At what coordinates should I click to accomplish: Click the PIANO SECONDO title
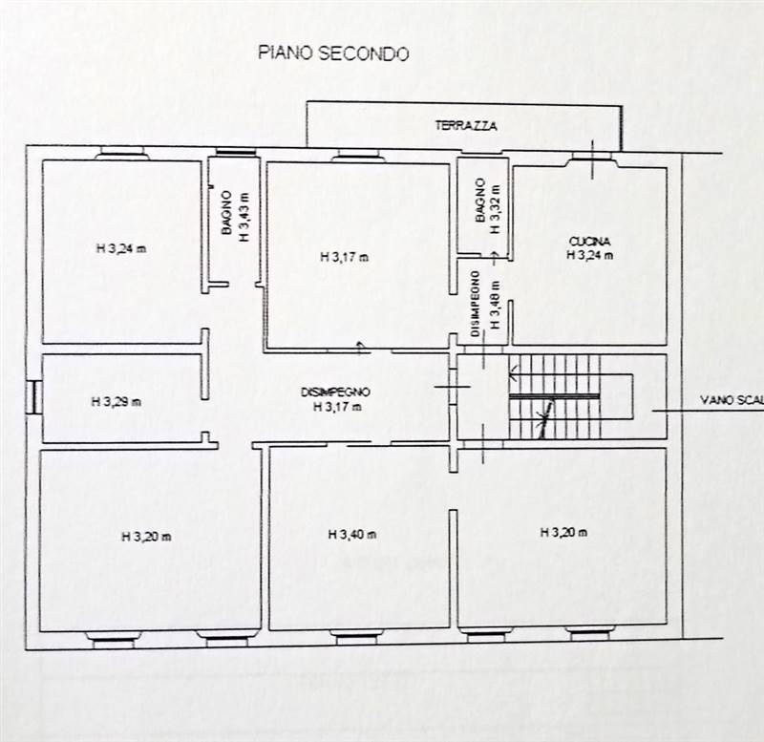point(333,53)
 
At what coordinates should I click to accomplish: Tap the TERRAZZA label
point(466,126)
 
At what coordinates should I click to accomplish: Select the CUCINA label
point(589,242)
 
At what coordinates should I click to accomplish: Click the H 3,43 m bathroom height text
point(244,217)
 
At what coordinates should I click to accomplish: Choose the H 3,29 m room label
point(116,402)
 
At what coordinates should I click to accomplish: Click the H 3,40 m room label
point(352,535)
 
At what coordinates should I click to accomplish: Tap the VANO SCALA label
point(732,400)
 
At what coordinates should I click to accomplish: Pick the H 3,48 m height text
point(495,305)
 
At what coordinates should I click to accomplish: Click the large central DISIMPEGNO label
point(335,392)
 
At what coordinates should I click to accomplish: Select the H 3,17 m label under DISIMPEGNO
point(337,406)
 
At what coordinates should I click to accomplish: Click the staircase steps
point(555,396)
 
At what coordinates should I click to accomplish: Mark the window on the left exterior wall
point(33,397)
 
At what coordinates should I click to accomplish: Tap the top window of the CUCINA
point(591,157)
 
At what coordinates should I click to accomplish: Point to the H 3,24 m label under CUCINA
point(589,255)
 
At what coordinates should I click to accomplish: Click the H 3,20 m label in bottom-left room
point(146,537)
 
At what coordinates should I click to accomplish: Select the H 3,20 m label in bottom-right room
point(563,533)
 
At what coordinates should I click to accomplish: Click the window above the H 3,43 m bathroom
point(236,153)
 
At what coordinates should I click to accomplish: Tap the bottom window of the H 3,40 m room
point(356,637)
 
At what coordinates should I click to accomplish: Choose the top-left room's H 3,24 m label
point(121,248)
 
